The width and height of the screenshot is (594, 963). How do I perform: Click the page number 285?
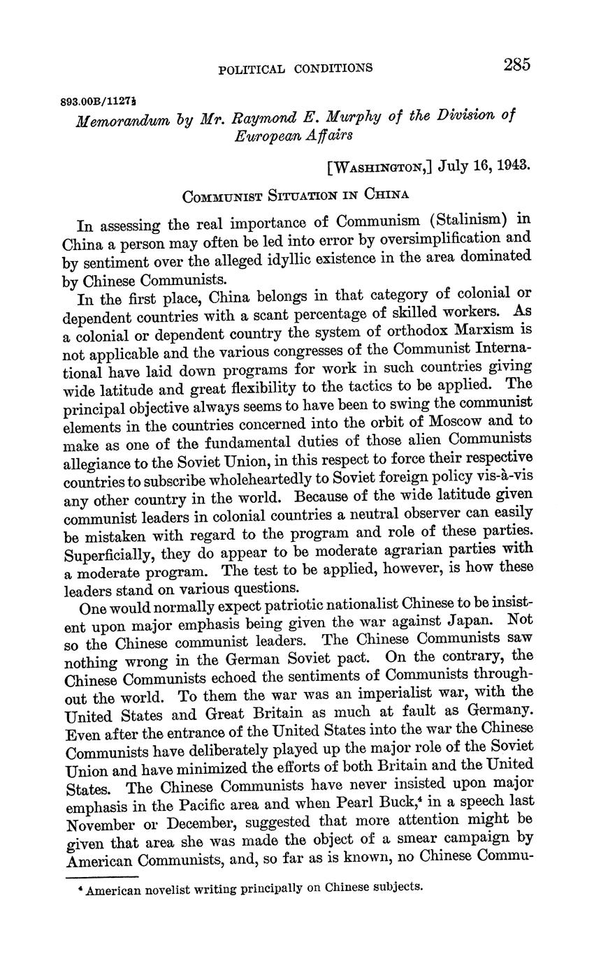point(516,65)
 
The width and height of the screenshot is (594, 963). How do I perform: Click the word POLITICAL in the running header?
point(251,68)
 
